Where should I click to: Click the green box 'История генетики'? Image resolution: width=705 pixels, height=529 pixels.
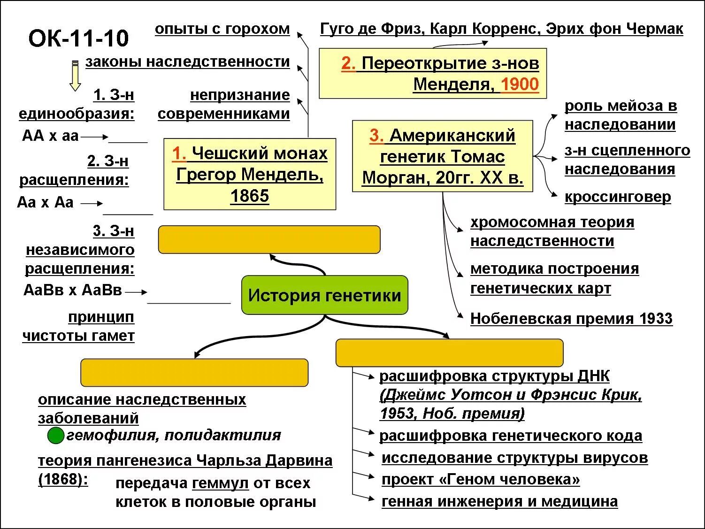click(324, 295)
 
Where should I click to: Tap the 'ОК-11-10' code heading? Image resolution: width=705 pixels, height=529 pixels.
click(78, 38)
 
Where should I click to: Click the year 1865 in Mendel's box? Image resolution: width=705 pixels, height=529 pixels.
click(249, 196)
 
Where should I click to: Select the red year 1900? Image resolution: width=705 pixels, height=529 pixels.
click(520, 84)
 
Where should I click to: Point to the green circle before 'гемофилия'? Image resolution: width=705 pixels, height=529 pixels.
click(56, 436)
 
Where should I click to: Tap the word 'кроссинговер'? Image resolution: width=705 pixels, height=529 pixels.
click(618, 197)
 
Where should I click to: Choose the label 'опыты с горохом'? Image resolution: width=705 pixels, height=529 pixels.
click(222, 29)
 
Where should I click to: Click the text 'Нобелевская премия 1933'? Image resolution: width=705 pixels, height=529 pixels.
click(571, 319)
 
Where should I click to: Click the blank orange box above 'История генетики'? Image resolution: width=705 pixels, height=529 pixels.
click(269, 239)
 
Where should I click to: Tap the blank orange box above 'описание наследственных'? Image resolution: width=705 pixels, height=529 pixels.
click(194, 373)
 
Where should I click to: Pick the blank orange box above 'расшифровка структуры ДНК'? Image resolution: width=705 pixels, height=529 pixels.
click(449, 353)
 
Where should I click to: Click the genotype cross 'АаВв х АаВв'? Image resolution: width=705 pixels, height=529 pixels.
click(73, 290)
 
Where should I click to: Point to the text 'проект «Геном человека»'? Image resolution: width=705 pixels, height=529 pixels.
click(481, 479)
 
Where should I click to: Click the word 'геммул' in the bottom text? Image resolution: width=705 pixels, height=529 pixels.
click(220, 483)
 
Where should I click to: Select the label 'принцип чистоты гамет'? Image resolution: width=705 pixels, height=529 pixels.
click(78, 327)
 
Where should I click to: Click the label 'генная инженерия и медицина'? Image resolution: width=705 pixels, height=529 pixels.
click(499, 501)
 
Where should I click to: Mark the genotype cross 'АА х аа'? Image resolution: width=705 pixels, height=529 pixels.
click(50, 136)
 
